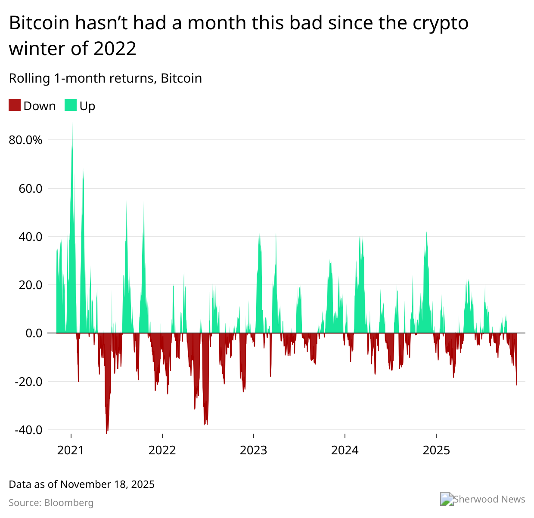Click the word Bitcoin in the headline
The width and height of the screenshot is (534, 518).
pyautogui.click(x=39, y=23)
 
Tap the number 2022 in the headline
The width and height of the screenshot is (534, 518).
pyautogui.click(x=115, y=48)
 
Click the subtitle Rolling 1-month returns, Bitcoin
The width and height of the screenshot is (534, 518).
pyautogui.click(x=105, y=78)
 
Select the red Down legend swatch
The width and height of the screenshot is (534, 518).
pyautogui.click(x=15, y=105)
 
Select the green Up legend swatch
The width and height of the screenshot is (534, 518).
pyautogui.click(x=71, y=105)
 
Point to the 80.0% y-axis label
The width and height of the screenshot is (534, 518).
pyautogui.click(x=25, y=140)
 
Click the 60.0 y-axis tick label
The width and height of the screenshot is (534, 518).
pyautogui.click(x=30, y=188)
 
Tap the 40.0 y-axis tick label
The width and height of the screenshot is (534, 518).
pyautogui.click(x=30, y=237)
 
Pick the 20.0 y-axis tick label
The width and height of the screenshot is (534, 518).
pyautogui.click(x=30, y=285)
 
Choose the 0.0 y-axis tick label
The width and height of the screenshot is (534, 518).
pyautogui.click(x=34, y=333)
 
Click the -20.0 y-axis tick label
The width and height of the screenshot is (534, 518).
pyautogui.click(x=28, y=382)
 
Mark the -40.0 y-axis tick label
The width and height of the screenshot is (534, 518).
pyautogui.click(x=28, y=430)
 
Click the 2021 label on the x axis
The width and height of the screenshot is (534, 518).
pyautogui.click(x=71, y=450)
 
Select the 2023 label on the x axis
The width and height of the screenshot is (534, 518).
pyautogui.click(x=253, y=450)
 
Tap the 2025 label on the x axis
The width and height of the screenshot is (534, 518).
pyautogui.click(x=436, y=450)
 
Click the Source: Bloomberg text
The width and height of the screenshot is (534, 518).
pyautogui.click(x=51, y=503)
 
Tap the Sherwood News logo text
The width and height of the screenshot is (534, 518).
pyautogui.click(x=489, y=499)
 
